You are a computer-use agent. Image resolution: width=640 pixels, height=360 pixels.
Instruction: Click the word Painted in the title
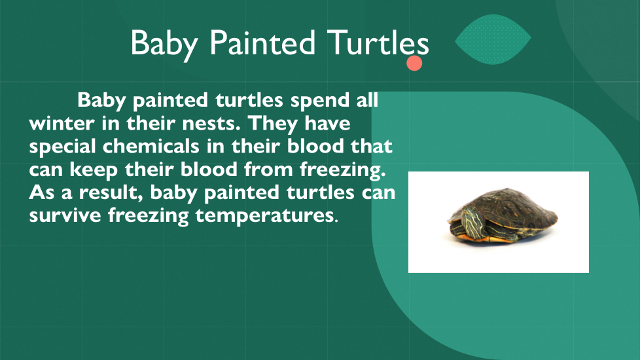click(262, 43)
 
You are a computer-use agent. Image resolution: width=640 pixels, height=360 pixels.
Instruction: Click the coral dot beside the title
click(414, 63)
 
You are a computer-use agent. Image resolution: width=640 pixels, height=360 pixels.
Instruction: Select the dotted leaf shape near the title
click(493, 39)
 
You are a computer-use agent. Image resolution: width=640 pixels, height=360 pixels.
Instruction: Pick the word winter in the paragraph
click(62, 123)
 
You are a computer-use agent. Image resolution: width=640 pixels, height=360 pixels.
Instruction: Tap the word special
click(62, 147)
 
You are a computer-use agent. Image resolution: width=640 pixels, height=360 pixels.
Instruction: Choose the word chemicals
click(151, 146)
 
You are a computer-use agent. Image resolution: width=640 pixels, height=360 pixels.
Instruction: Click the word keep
click(94, 170)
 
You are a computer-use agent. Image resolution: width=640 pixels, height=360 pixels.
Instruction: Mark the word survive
click(65, 215)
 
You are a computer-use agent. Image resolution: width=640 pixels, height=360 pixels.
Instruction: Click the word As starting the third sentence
click(42, 192)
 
